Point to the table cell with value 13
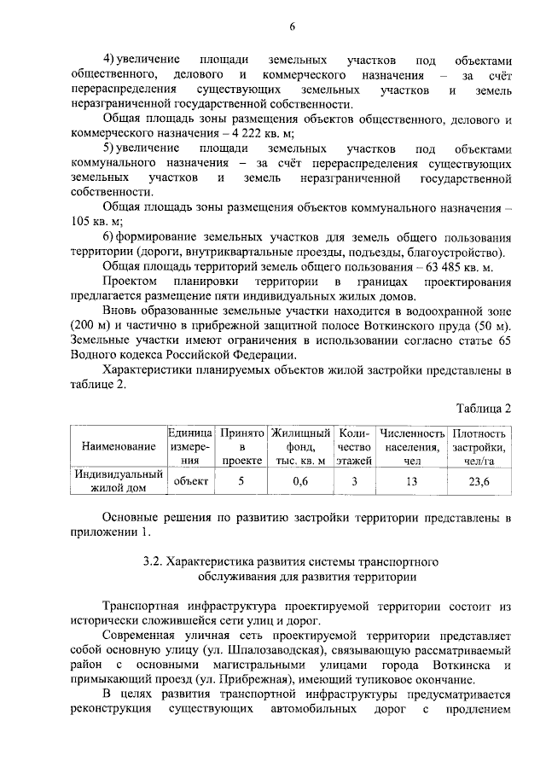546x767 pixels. click(x=413, y=482)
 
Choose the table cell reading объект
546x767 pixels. click(x=191, y=482)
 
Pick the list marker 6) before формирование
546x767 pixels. click(x=108, y=236)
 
